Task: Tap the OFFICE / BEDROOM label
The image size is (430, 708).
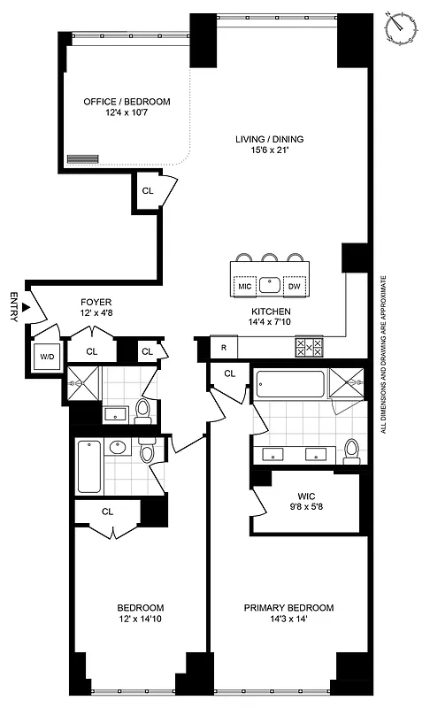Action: (127, 102)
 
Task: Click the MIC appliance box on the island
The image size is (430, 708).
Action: (245, 286)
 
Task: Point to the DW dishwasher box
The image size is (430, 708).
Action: (295, 286)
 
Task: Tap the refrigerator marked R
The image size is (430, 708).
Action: (223, 348)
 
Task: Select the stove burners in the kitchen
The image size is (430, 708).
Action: (309, 348)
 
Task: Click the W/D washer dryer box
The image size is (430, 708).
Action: (44, 357)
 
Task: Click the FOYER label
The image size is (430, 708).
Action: (95, 302)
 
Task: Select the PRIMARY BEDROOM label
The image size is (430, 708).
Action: (288, 608)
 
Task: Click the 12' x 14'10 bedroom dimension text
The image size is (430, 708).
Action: (140, 620)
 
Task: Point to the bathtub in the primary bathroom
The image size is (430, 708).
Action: (290, 385)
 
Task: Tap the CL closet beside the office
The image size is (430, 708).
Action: (148, 189)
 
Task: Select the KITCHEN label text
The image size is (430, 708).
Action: (270, 312)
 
